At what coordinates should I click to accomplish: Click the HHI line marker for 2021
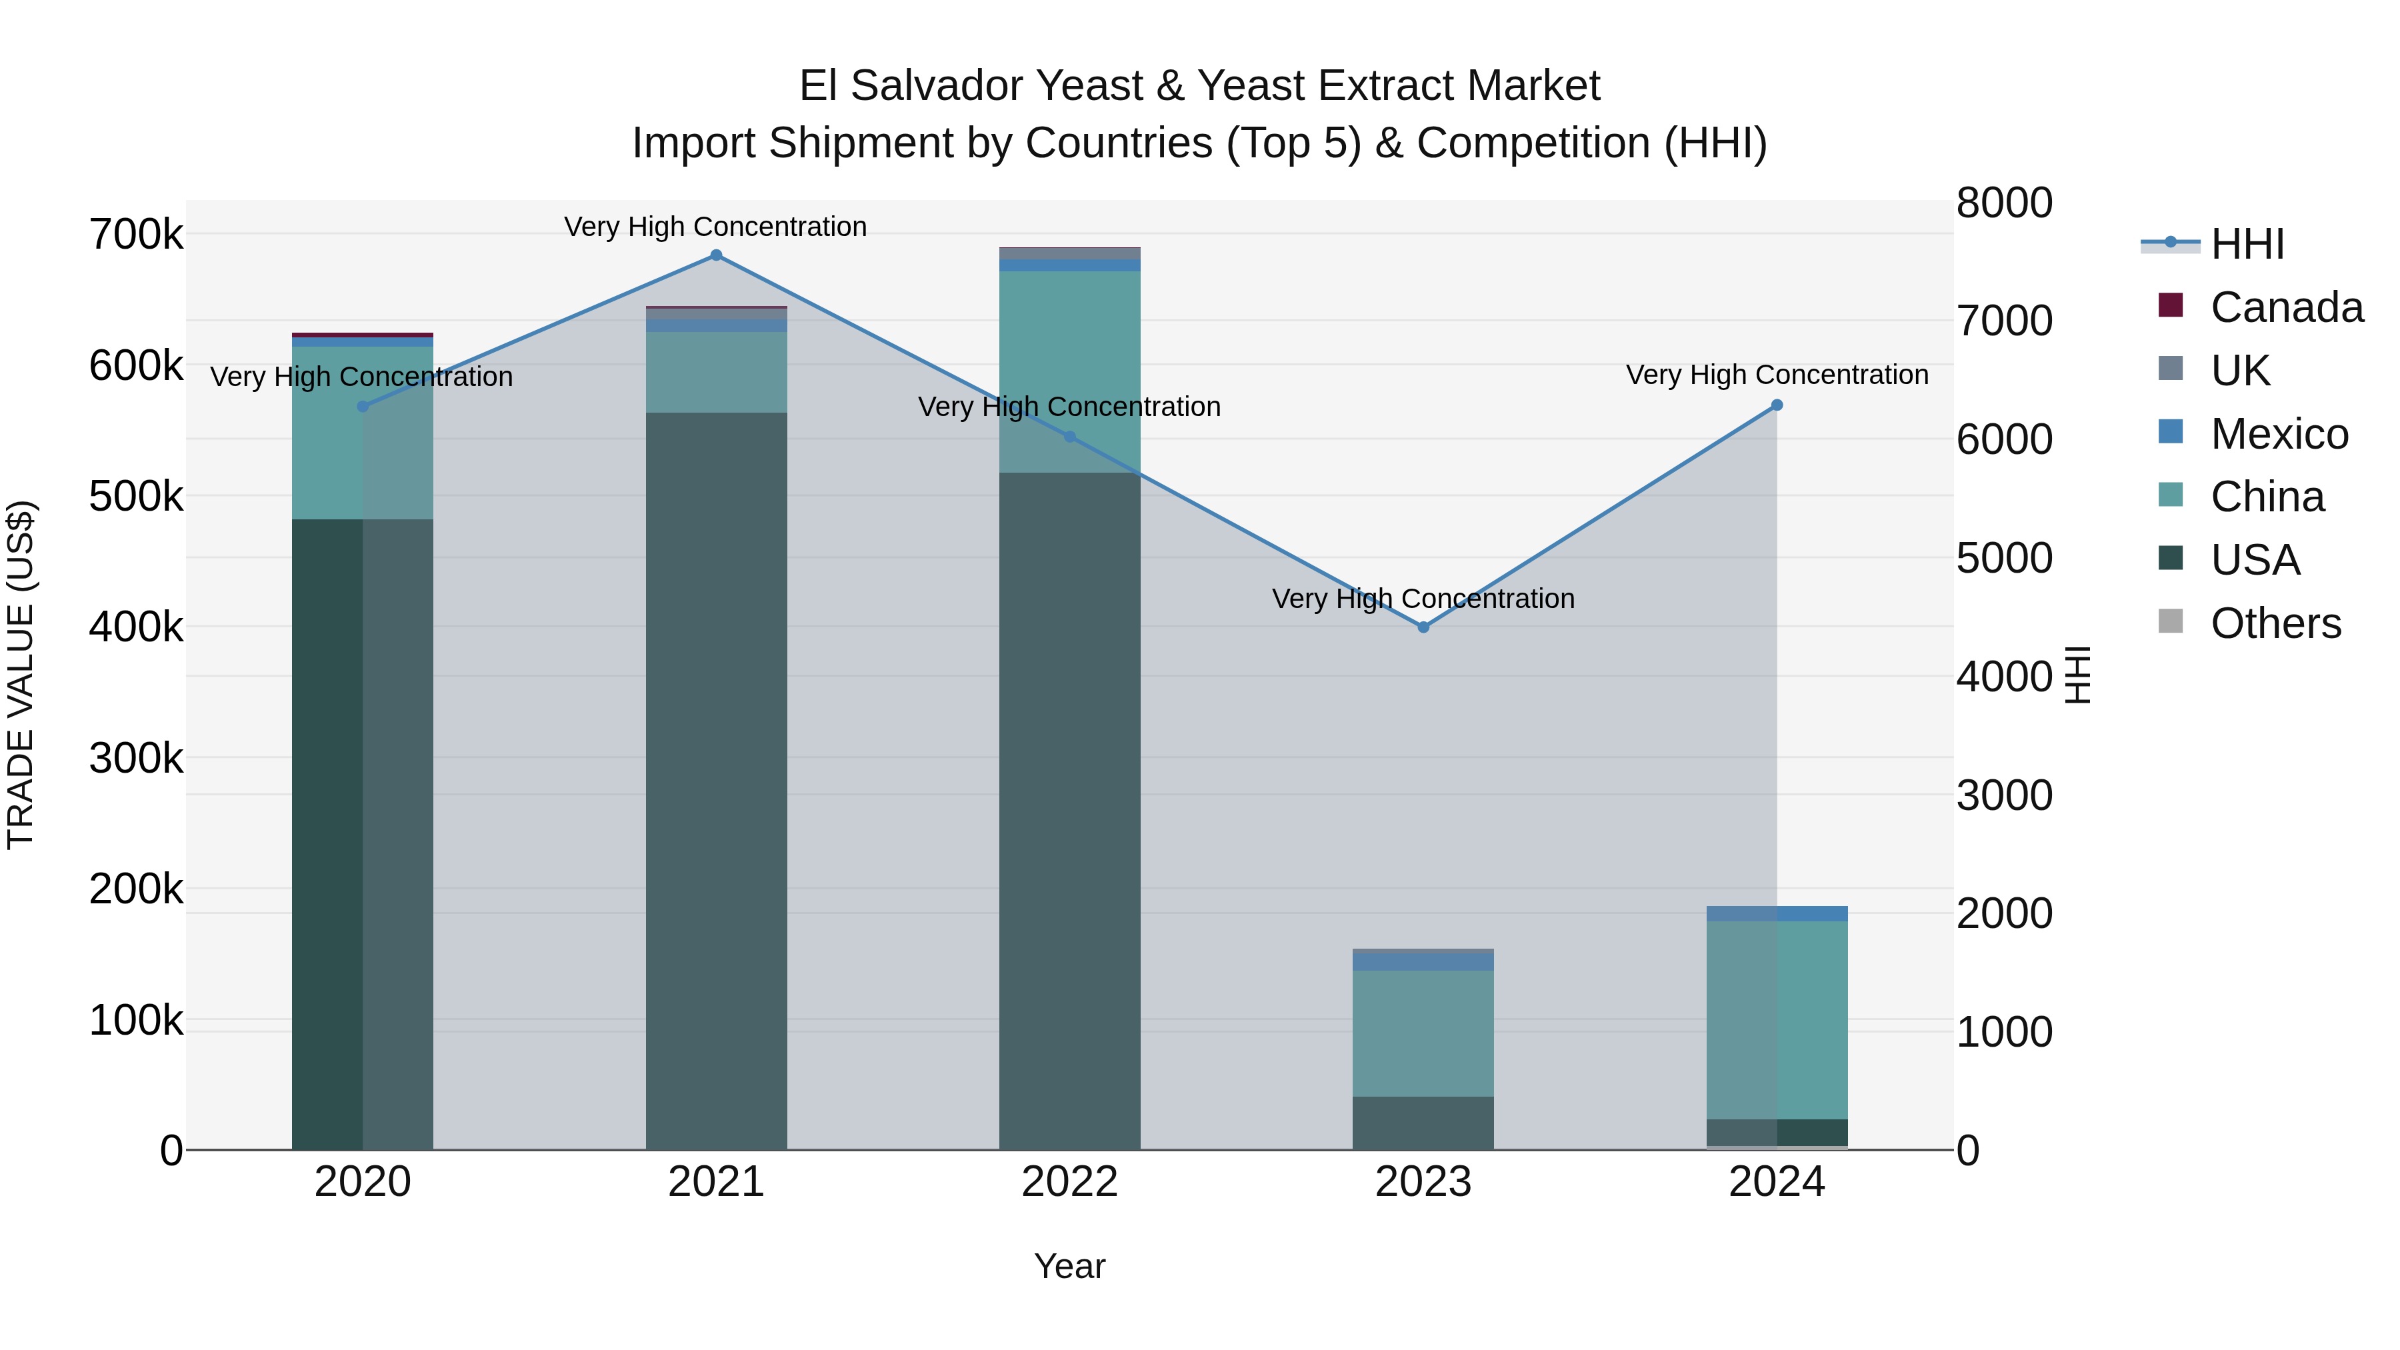pos(715,255)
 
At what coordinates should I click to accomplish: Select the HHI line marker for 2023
pos(1423,627)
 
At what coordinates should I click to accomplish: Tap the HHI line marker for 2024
pos(1777,405)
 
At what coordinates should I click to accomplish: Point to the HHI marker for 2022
pos(1069,436)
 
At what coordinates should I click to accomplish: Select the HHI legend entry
pos(2246,244)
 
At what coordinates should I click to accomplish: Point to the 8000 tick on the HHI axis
pos(2003,203)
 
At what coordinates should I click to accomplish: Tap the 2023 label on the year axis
pos(1423,1182)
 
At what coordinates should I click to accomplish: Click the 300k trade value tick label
pos(136,759)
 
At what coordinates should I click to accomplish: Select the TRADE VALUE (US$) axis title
pos(21,675)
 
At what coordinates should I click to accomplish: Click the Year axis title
pos(1069,1266)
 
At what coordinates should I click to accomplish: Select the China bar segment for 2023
pos(1423,1033)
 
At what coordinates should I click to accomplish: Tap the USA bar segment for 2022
pos(1069,811)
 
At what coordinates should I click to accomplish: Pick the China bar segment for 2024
pos(1777,1020)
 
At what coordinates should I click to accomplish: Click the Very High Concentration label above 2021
pos(715,227)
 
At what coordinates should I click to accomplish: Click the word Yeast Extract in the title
pos(1397,86)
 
